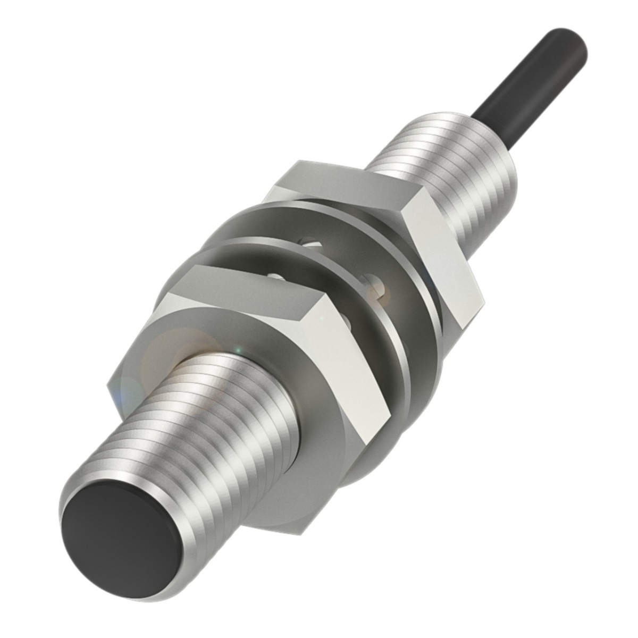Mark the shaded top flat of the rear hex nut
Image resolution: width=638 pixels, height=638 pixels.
tap(340, 186)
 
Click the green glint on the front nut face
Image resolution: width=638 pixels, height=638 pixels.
tap(238, 351)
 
